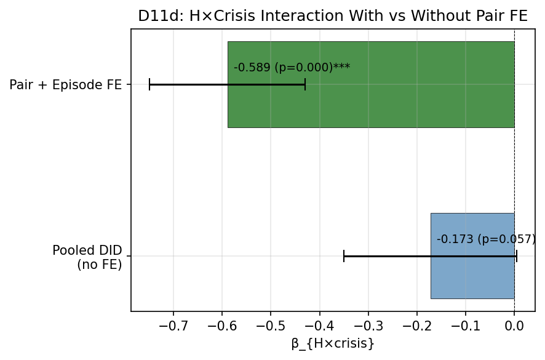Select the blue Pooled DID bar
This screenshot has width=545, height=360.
(472, 277)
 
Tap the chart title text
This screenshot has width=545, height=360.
(332, 17)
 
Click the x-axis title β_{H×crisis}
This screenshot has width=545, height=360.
(332, 344)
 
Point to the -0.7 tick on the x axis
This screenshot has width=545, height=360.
(173, 324)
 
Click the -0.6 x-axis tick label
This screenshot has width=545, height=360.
(222, 324)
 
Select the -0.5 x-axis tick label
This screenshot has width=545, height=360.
(271, 324)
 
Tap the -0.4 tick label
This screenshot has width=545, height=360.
(319, 324)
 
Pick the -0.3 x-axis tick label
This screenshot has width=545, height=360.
(368, 324)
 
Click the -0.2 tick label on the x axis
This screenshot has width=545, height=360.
(416, 324)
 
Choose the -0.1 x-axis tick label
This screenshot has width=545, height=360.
(465, 324)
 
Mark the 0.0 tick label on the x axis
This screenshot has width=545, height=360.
(514, 324)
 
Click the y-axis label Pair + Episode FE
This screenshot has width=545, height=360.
(65, 85)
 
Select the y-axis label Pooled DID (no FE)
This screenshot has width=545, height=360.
(87, 257)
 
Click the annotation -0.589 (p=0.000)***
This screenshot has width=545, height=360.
(292, 68)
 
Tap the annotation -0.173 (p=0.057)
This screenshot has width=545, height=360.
(486, 239)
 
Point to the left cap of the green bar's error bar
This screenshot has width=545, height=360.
(149, 85)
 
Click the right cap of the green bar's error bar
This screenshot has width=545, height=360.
(305, 85)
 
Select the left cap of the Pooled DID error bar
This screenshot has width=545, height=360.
(344, 256)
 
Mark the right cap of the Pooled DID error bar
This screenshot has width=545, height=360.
(517, 256)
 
